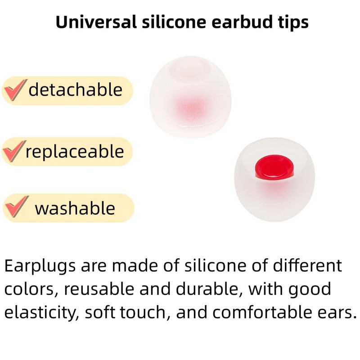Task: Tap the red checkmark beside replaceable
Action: pos(13,152)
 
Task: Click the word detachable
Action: pos(75,90)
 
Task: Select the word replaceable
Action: pos(74,152)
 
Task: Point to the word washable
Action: pos(75,208)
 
